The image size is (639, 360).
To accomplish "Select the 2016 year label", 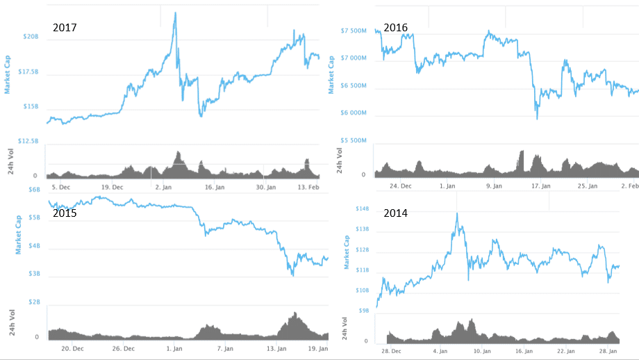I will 395,28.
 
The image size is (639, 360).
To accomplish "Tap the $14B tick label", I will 362,209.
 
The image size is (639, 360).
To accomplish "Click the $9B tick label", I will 363,311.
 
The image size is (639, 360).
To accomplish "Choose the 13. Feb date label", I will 308,187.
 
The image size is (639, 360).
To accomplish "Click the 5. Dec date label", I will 61,187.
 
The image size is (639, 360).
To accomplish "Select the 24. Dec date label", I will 400,186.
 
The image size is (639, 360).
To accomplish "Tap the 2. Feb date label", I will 630,186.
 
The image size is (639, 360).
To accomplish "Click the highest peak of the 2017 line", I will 174,13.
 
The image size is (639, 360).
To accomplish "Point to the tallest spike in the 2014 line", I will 456,213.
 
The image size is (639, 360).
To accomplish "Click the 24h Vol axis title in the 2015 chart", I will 10,324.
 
